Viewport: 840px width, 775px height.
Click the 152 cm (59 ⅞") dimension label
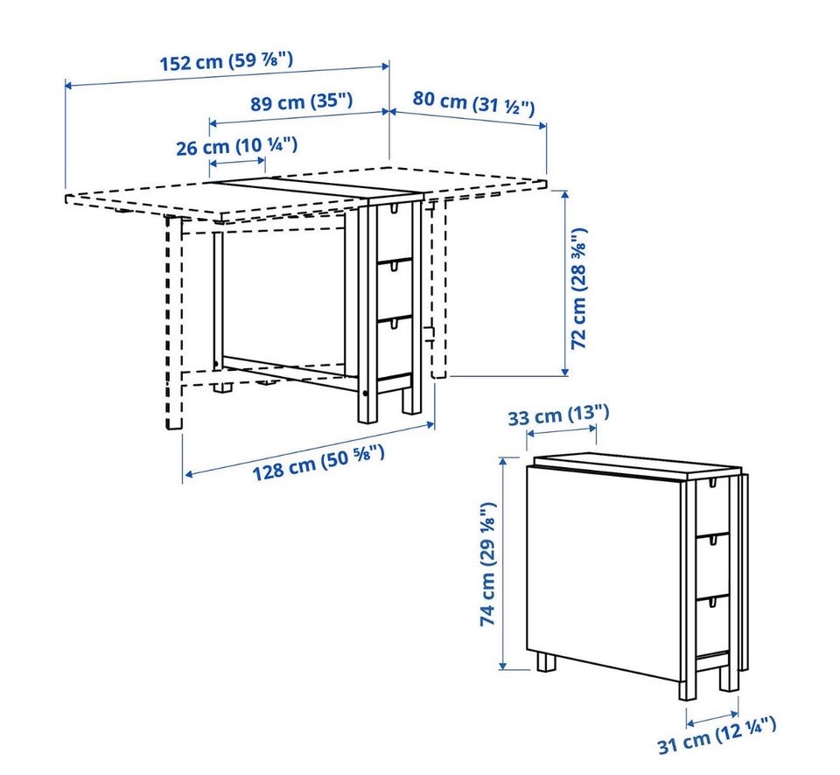point(227,60)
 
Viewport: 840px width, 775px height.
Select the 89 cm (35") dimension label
point(302,101)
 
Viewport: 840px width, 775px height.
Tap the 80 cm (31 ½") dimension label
point(473,102)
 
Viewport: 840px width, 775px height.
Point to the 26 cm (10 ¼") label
point(237,146)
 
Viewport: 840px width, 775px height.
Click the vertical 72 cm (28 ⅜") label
point(579,289)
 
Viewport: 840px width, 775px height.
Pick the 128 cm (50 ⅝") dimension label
point(318,462)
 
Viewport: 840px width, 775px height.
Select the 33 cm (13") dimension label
point(559,415)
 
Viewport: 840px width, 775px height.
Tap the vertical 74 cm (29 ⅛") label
point(488,564)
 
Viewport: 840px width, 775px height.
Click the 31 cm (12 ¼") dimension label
point(717,736)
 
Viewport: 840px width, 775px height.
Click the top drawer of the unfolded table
point(395,232)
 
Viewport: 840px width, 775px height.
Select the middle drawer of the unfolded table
point(395,290)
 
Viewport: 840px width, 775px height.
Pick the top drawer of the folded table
point(712,507)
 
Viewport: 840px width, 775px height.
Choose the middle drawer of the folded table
point(712,567)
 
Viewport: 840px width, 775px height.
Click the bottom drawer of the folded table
point(712,626)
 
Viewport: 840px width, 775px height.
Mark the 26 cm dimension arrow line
point(237,161)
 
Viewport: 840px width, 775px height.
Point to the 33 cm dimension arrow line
point(562,430)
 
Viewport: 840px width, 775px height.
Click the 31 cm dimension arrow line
point(712,718)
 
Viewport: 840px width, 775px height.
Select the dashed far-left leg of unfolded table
point(173,322)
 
